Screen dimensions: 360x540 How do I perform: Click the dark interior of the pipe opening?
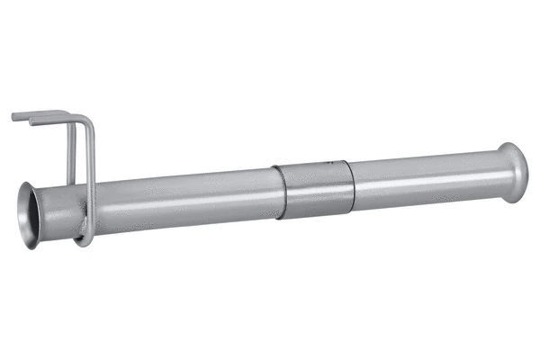[x=33, y=214]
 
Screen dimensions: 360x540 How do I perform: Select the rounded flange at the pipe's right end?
[x=514, y=171]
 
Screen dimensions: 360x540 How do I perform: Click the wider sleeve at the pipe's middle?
[x=314, y=191]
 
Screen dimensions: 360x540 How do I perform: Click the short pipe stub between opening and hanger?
[x=58, y=212]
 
